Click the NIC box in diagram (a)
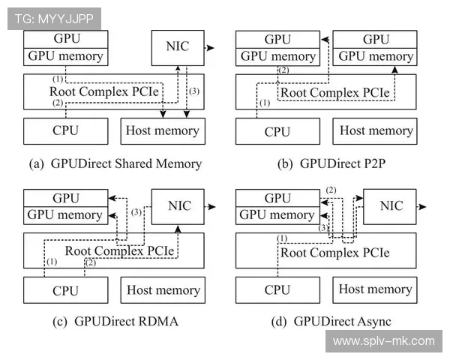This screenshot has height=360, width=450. (177, 46)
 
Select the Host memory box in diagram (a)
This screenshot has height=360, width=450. (161, 131)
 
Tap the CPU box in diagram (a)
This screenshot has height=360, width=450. (65, 131)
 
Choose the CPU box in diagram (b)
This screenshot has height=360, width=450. (277, 131)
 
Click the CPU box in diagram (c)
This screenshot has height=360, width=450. (65, 290)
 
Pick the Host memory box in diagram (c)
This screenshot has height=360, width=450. (163, 290)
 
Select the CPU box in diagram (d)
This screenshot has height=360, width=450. (277, 289)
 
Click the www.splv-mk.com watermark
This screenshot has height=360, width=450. (383, 341)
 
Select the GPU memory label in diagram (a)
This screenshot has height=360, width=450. (65, 55)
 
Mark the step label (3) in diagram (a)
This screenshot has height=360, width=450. (193, 91)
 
